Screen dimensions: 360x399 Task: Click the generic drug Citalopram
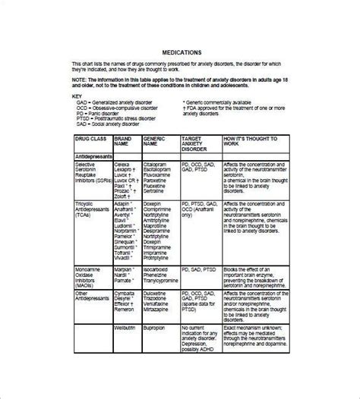point(157,162)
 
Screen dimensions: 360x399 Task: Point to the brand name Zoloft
point(123,193)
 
